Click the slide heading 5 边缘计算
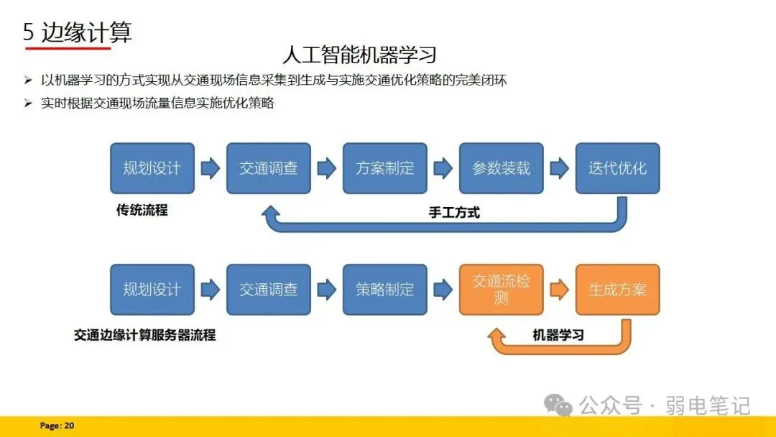(78, 32)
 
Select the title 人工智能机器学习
(359, 55)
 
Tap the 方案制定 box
(385, 168)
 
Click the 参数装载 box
(502, 168)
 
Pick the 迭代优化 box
(617, 168)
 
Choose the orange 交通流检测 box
(502, 289)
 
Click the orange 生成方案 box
(617, 289)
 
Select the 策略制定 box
(385, 289)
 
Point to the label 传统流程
(142, 210)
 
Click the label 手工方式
(454, 212)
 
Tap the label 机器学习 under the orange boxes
(558, 334)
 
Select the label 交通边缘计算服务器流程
(144, 335)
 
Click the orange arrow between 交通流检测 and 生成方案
(559, 290)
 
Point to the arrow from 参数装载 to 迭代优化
(559, 168)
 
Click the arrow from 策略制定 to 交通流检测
(443, 290)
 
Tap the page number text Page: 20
(57, 425)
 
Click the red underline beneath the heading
(68, 48)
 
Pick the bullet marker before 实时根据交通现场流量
(28, 103)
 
